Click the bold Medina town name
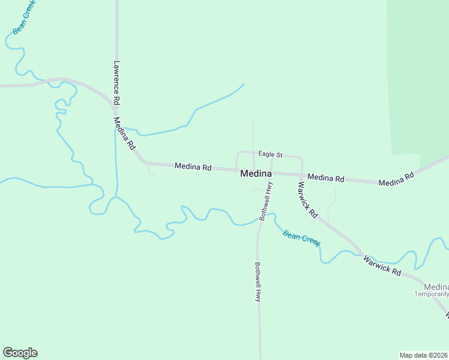pos(256,173)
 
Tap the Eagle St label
pos(270,155)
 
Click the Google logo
pos(20,353)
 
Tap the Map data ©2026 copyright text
pos(424,355)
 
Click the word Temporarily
pos(431,294)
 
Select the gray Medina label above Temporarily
pos(436,286)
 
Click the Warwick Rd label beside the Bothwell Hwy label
pos(307,199)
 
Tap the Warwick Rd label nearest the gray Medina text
pos(382,265)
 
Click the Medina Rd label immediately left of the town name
pos(193,167)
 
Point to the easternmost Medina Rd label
pos(397,179)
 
